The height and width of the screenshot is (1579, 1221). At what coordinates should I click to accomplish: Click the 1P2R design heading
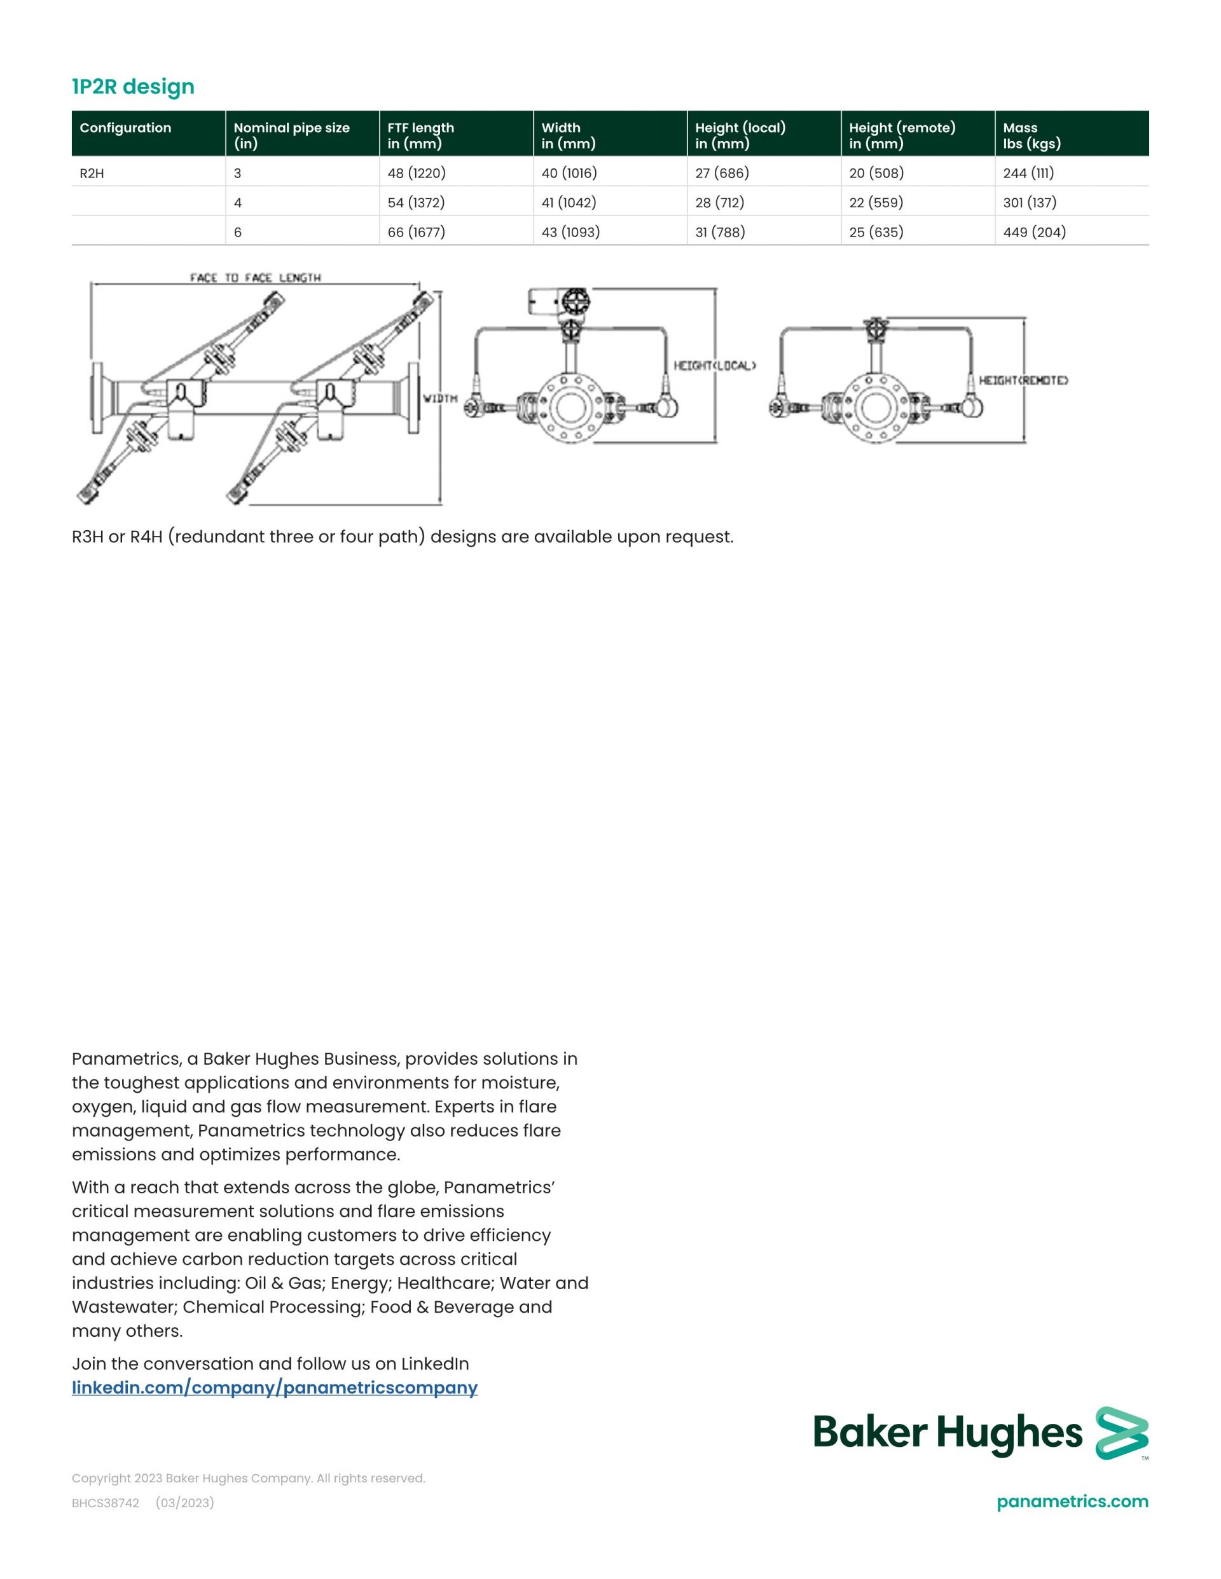(x=133, y=86)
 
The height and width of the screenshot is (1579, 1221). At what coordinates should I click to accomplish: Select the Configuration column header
(x=125, y=128)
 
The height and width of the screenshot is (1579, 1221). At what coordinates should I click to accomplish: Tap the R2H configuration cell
(x=92, y=174)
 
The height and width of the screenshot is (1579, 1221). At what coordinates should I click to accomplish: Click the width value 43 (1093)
(x=570, y=232)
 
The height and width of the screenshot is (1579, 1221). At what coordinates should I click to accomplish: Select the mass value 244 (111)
(x=1028, y=174)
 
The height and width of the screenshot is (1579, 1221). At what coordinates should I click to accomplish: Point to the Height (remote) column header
(x=902, y=135)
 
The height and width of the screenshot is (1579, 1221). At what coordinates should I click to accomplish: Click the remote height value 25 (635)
(x=876, y=232)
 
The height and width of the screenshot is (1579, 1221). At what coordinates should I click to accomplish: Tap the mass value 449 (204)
(x=1035, y=232)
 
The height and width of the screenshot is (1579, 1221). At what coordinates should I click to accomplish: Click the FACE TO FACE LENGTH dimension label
(x=256, y=278)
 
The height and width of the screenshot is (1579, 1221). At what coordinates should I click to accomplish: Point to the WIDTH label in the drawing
(x=440, y=399)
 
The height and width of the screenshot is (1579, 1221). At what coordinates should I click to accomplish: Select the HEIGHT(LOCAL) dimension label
(x=715, y=366)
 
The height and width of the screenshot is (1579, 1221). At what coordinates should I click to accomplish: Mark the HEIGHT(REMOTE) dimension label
(x=1023, y=380)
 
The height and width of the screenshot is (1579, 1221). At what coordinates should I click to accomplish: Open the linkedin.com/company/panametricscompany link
(x=275, y=1388)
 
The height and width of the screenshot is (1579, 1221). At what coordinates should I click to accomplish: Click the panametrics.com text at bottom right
(x=1072, y=1501)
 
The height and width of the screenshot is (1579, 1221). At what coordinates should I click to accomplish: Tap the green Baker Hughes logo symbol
(x=1121, y=1433)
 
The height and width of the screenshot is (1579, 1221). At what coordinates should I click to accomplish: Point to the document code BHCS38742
(x=105, y=1503)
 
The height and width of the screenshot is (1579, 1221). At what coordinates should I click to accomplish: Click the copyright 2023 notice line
(x=248, y=1479)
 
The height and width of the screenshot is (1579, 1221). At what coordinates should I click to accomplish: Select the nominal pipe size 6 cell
(x=238, y=232)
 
